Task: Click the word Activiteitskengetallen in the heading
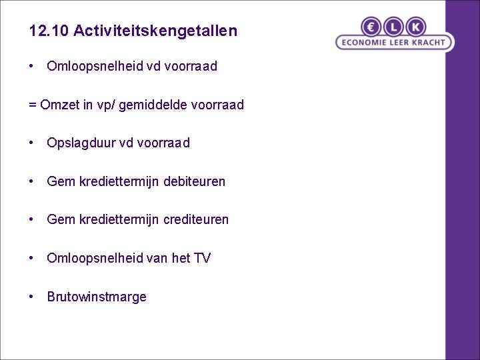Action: coord(155,31)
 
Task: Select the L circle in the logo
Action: coord(394,27)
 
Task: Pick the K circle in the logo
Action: coord(415,27)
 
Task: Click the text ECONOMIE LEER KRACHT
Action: coord(393,43)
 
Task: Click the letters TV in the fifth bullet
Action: coord(202,258)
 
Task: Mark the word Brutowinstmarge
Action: coord(97,297)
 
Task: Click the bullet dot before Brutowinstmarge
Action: coord(32,296)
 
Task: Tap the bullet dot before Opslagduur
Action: coord(32,142)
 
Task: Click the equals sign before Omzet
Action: coord(33,105)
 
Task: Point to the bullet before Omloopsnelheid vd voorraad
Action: coord(32,66)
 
